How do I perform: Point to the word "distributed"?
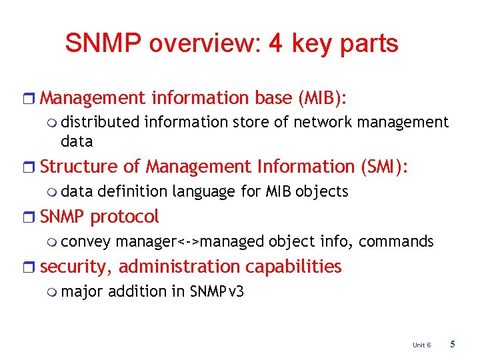(x=100, y=122)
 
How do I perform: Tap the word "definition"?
(x=132, y=192)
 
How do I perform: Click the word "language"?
(x=204, y=192)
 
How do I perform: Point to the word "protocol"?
(x=125, y=217)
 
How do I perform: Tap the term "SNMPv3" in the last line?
(x=217, y=291)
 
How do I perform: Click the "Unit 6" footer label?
(x=421, y=345)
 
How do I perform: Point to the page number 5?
(x=453, y=345)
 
